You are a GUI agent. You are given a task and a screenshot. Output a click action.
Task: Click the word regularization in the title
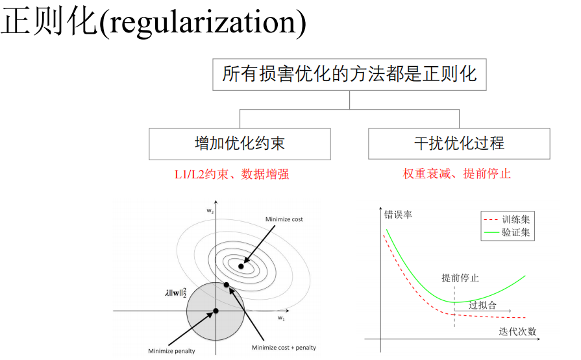click(x=203, y=23)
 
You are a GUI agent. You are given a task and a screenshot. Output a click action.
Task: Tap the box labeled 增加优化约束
click(x=240, y=143)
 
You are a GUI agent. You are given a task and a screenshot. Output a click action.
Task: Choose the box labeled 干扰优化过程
click(x=459, y=143)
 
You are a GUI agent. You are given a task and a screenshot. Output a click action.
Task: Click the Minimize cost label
click(x=284, y=219)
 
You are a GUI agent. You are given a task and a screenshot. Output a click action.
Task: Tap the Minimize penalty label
click(x=171, y=352)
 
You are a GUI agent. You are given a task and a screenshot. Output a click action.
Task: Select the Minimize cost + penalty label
click(x=284, y=348)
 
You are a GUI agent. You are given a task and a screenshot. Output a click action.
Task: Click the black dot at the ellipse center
click(x=241, y=266)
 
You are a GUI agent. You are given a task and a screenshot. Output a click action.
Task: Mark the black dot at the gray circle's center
click(x=216, y=311)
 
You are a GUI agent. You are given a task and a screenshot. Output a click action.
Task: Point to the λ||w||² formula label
click(x=176, y=292)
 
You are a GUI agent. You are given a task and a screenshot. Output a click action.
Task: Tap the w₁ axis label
click(x=281, y=318)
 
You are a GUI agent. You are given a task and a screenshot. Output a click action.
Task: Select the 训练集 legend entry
click(x=515, y=219)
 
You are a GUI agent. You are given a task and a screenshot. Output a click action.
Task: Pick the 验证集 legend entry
click(x=515, y=232)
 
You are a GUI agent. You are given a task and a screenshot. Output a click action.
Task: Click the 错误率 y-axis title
click(x=398, y=214)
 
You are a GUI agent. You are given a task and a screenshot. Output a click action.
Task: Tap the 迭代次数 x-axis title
click(x=517, y=331)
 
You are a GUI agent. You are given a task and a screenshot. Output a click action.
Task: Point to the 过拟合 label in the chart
click(x=482, y=306)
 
